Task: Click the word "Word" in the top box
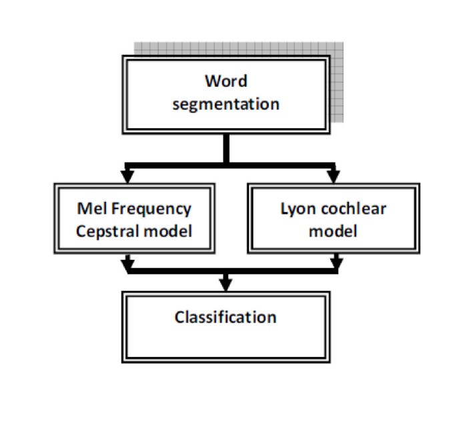tap(225, 82)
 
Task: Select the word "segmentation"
tap(225, 104)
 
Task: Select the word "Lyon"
tap(298, 208)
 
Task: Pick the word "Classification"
tap(225, 316)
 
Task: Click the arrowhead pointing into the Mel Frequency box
tap(127, 177)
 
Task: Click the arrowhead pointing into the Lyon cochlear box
tap(331, 177)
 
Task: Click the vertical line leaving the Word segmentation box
tap(226, 147)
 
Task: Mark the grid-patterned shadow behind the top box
tap(337, 80)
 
